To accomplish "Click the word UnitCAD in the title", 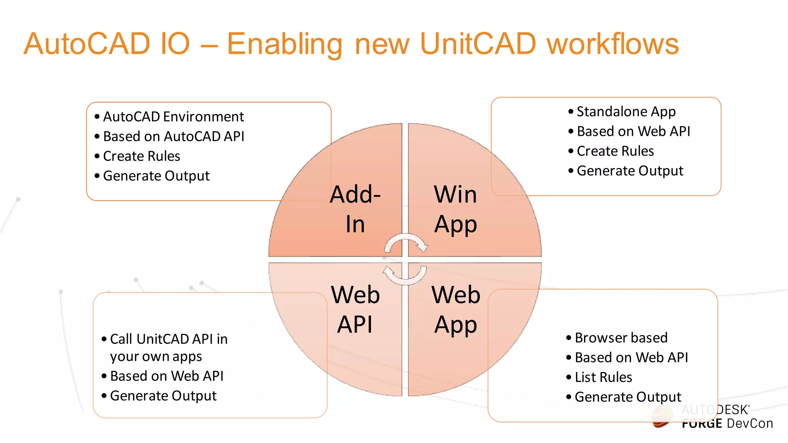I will point(477,43).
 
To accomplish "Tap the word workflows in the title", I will point(613,43).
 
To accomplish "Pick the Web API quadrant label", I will point(355,309).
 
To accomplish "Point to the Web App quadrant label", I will point(456,309).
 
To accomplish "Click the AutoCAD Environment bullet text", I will point(173,117).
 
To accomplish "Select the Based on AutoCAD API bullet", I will point(174,136).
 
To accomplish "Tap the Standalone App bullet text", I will point(626,112).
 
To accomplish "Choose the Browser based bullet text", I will point(621,338).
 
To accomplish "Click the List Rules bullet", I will point(603,377).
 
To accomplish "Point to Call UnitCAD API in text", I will point(169,339).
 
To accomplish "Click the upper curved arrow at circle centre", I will point(406,243).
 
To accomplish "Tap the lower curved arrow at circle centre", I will point(405,275).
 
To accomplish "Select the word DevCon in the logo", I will point(750,423).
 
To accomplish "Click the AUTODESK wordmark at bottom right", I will point(715,410).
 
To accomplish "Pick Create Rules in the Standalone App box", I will point(615,151).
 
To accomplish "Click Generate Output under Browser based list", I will point(628,397).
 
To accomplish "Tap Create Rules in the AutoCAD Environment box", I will point(142,156).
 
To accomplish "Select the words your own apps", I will point(156,356).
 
